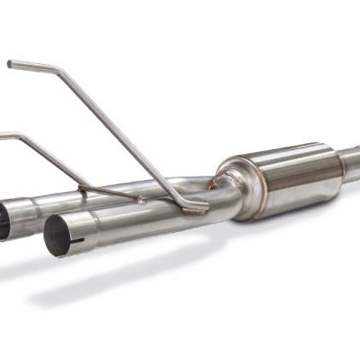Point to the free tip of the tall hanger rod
tap(9, 63)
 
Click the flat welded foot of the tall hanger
tap(195, 206)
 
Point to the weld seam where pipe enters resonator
tap(219, 183)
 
